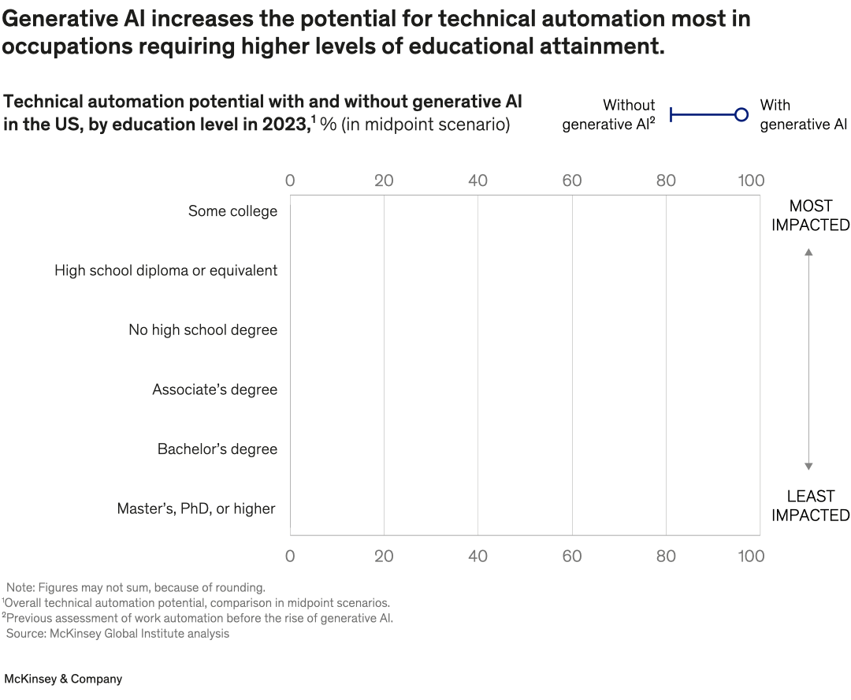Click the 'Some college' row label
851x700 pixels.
click(232, 211)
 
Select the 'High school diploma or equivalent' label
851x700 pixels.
click(165, 270)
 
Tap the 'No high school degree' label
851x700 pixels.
click(203, 330)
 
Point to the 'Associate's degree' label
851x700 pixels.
click(214, 389)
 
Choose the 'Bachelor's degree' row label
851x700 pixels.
click(217, 449)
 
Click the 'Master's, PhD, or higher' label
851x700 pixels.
click(196, 508)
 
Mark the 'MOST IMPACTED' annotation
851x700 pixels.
click(810, 215)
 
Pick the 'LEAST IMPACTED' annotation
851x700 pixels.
click(810, 506)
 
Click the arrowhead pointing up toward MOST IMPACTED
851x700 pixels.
click(808, 251)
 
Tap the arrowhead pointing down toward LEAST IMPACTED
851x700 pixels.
click(808, 467)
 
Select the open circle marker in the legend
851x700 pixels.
click(741, 115)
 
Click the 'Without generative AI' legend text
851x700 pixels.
click(608, 115)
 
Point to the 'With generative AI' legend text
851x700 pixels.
click(803, 115)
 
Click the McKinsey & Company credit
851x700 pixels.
click(63, 679)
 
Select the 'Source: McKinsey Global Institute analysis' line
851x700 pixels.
click(117, 634)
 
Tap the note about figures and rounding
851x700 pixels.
click(136, 587)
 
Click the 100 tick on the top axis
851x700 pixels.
click(750, 181)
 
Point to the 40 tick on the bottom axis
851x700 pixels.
click(478, 557)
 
